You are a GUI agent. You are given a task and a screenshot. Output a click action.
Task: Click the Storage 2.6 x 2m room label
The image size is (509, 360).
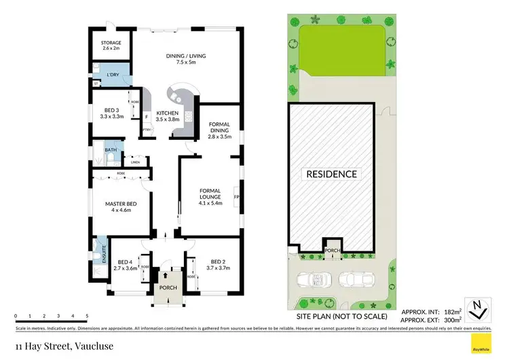111,46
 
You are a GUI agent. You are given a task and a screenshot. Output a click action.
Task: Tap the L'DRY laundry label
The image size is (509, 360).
113,75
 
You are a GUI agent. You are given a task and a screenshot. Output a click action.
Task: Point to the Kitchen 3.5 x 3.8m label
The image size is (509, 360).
168,116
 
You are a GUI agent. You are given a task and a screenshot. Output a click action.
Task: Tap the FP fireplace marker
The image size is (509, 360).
236,198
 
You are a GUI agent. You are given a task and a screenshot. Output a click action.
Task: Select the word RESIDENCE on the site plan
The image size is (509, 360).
331,174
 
